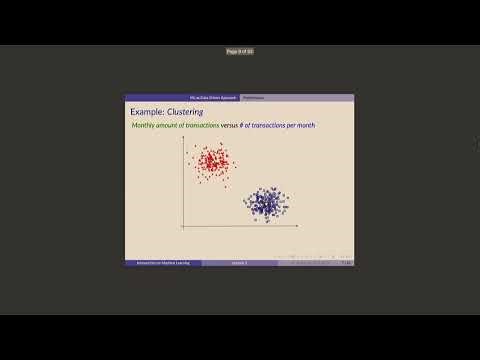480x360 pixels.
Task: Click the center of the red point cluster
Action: pyautogui.click(x=212, y=162)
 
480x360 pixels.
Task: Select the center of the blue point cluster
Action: pyautogui.click(x=265, y=203)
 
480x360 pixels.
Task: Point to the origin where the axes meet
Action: pyautogui.click(x=183, y=228)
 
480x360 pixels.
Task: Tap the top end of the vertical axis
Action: pyautogui.click(x=183, y=138)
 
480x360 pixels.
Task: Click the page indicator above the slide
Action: pyautogui.click(x=240, y=51)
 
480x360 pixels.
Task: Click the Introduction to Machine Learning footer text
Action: pyautogui.click(x=162, y=263)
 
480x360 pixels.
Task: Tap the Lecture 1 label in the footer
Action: pyautogui.click(x=239, y=263)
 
